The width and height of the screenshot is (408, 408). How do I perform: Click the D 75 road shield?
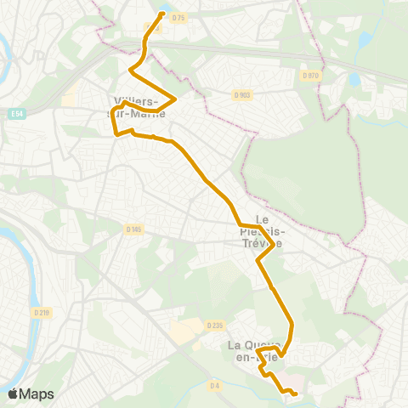(178, 19)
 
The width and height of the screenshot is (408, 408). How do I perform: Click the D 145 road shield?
(133, 229)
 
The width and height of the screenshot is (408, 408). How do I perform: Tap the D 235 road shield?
(214, 325)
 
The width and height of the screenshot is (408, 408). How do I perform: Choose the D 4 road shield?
(216, 386)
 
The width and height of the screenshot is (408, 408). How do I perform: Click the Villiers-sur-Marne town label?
(137, 105)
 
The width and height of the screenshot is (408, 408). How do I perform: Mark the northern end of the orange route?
(161, 14)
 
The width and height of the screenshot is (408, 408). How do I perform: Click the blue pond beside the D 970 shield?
(354, 81)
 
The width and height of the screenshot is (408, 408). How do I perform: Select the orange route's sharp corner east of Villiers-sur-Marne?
(174, 99)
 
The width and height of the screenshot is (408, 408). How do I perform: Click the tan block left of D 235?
(184, 331)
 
